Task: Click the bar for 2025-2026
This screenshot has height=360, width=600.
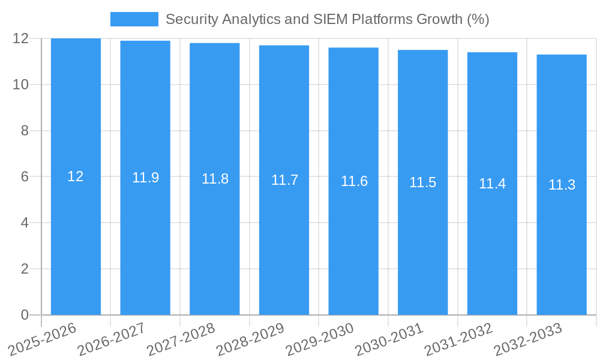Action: (x=76, y=240)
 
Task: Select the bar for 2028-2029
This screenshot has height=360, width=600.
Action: (x=284, y=240)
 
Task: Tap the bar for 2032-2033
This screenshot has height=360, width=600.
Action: (x=562, y=240)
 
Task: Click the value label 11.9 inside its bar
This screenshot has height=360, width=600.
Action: (x=145, y=178)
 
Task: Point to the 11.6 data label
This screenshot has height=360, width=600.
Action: (x=354, y=181)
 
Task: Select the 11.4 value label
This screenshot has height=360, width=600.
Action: (x=492, y=184)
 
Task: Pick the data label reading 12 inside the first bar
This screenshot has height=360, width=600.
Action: (x=76, y=176)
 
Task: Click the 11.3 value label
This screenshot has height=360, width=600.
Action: (x=562, y=185)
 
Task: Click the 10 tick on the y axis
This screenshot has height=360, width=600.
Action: (x=21, y=85)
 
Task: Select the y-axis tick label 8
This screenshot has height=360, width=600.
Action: (x=25, y=131)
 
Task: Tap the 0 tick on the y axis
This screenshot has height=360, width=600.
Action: (x=25, y=315)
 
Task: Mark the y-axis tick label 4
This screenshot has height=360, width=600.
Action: (x=25, y=223)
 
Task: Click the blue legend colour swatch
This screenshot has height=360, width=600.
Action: (x=134, y=19)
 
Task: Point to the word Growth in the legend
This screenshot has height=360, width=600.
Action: (x=441, y=19)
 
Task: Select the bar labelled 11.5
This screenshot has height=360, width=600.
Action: (x=422, y=240)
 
